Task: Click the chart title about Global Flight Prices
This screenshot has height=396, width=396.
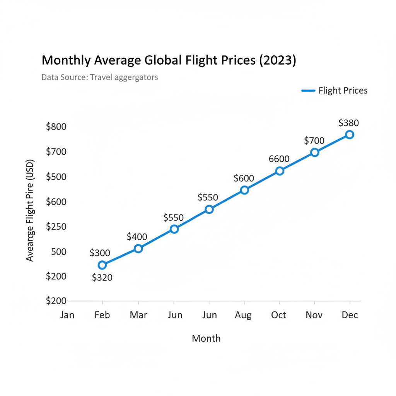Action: (x=169, y=61)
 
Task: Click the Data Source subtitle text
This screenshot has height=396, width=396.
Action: (x=99, y=77)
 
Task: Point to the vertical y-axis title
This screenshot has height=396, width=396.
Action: (x=30, y=210)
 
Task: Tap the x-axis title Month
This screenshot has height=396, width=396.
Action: (x=206, y=338)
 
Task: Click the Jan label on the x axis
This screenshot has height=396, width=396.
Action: (x=67, y=315)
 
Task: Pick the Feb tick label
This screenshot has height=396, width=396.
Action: (x=102, y=315)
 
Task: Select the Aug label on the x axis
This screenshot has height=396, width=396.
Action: (x=243, y=316)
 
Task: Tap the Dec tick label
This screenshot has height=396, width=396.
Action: (x=350, y=315)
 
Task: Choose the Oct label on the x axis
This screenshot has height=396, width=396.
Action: (x=278, y=315)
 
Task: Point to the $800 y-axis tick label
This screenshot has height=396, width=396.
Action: (x=56, y=127)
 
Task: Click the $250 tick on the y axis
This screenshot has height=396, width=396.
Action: (x=56, y=227)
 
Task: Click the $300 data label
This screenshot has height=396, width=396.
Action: (x=100, y=253)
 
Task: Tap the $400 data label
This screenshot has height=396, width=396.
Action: (x=137, y=237)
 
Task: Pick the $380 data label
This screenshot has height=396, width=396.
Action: (x=348, y=123)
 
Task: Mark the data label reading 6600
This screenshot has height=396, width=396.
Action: (x=279, y=159)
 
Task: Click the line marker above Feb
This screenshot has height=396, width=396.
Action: (x=102, y=265)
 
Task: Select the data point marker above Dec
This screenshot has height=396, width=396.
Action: (x=350, y=135)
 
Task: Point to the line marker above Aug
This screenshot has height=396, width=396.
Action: (x=244, y=190)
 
